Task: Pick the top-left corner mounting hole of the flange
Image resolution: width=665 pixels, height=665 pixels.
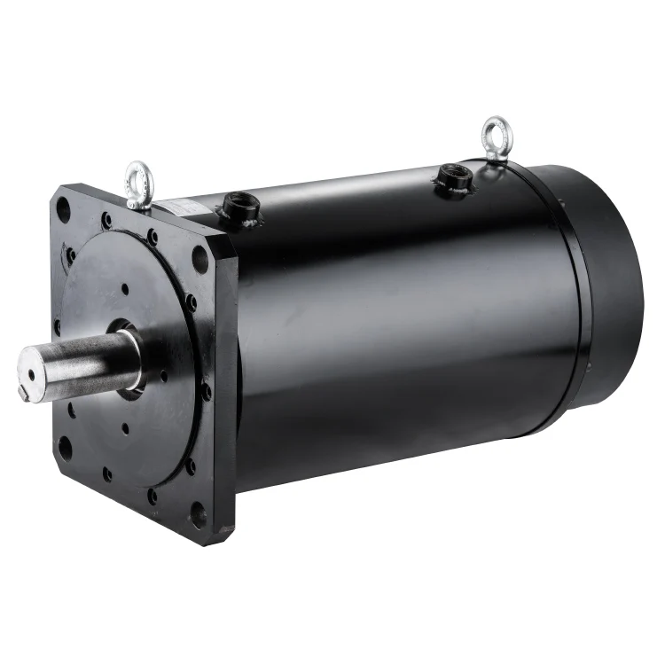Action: coord(63,209)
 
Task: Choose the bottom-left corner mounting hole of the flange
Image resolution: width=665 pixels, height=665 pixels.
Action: coord(64,448)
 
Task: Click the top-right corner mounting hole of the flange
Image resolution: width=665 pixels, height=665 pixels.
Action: coord(200,259)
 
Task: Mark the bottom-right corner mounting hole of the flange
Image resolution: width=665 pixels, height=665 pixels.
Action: coord(199,513)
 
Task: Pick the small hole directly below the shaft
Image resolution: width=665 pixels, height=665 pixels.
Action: coord(125,427)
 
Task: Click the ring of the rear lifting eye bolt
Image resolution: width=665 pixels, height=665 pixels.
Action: coord(493,130)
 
